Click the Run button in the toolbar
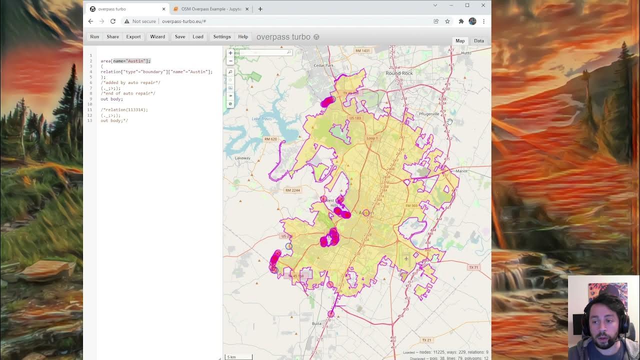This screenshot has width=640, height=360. [94, 36]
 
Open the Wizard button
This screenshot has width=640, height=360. [157, 36]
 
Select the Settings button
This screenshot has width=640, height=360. [222, 36]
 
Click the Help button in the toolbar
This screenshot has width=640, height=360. [243, 36]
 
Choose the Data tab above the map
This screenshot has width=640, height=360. [478, 41]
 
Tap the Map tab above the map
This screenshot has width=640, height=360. [460, 41]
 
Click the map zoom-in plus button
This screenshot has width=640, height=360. [230, 53]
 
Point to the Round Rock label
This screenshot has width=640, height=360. [399, 73]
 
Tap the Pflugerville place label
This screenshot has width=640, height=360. [429, 114]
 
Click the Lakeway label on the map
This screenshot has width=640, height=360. [242, 158]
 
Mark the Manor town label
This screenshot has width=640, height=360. [461, 171]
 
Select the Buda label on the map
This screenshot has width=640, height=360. [316, 323]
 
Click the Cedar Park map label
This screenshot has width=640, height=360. [323, 65]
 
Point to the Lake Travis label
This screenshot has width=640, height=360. [262, 119]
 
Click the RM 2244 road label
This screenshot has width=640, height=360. [292, 190]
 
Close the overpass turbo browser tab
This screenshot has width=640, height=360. [163, 9]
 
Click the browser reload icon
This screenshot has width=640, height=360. [113, 21]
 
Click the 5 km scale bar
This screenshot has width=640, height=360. [238, 356]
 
